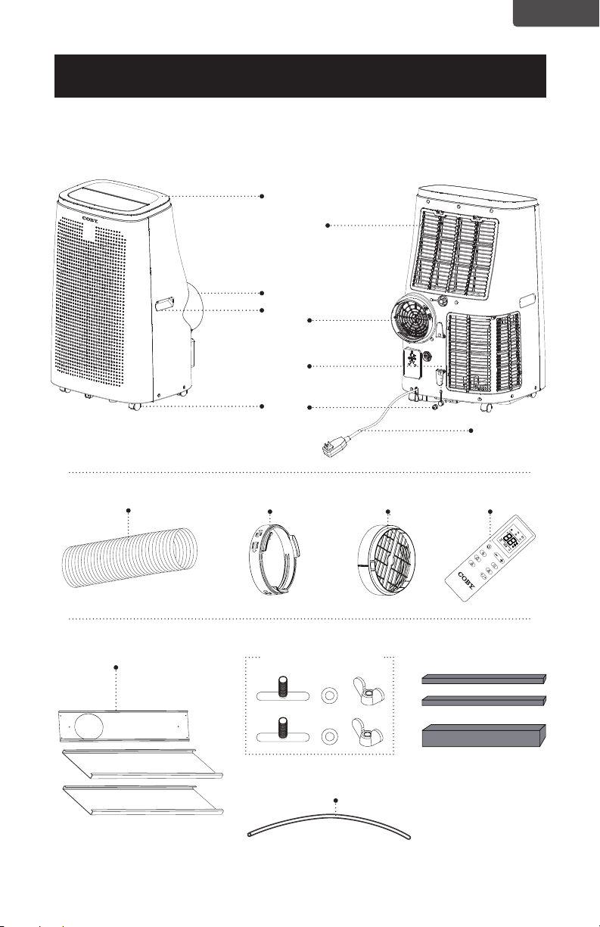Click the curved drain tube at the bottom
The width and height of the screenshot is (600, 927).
click(x=328, y=824)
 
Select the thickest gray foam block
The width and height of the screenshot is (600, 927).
click(x=483, y=736)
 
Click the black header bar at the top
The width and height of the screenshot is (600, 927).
click(x=300, y=76)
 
